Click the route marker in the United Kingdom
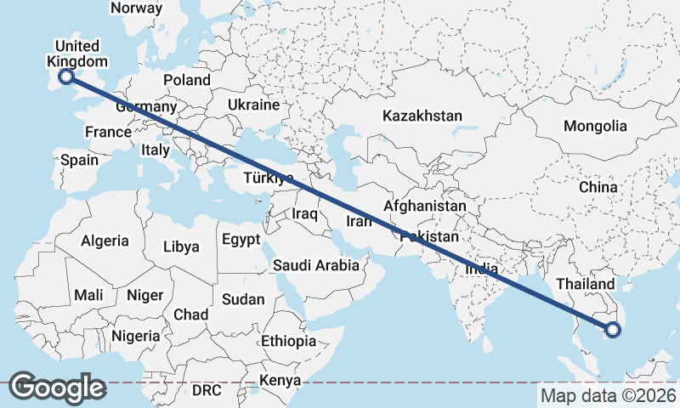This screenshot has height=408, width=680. click(x=65, y=78)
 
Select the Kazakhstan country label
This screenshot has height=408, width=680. click(x=422, y=116)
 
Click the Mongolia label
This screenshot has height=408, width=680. click(x=595, y=127)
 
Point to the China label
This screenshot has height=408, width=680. click(x=598, y=187)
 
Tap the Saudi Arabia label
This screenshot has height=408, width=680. click(x=315, y=265)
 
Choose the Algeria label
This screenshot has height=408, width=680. click(x=105, y=241)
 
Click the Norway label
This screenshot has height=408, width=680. click(x=136, y=8)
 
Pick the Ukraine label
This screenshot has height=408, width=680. click(x=253, y=105)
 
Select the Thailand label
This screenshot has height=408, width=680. click(x=585, y=283)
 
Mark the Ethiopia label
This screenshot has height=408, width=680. click(x=289, y=341)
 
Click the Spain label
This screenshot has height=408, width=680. click(x=79, y=159)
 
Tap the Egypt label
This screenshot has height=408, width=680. click(x=241, y=240)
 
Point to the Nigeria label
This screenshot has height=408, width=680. click(x=134, y=336)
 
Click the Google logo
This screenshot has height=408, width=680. click(x=57, y=387)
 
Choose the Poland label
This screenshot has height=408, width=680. click(x=187, y=80)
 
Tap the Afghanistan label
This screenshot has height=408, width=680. click(x=425, y=206)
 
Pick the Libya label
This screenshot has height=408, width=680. click(x=181, y=247)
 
